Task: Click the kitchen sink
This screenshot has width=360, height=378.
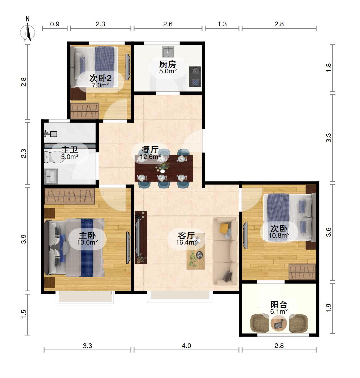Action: coord(168,52)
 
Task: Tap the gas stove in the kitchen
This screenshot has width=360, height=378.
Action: coord(195,77)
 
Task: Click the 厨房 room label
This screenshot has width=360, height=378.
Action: coord(168,64)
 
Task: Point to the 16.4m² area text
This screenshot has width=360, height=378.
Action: coord(186,242)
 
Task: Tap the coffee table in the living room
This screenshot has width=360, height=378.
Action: coord(196,251)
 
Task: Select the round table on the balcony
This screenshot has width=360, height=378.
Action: coord(279,324)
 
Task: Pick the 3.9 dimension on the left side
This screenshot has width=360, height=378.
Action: coord(23,239)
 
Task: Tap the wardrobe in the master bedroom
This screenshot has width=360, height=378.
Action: coord(69,196)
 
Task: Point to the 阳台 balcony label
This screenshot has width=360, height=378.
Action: coord(279,305)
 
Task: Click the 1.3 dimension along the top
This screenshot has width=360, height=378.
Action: coord(222,24)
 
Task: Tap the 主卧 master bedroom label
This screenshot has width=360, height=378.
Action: coord(87,235)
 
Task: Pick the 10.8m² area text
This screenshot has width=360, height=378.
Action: coord(279,235)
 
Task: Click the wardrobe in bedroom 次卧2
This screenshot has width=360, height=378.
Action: coord(85,111)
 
